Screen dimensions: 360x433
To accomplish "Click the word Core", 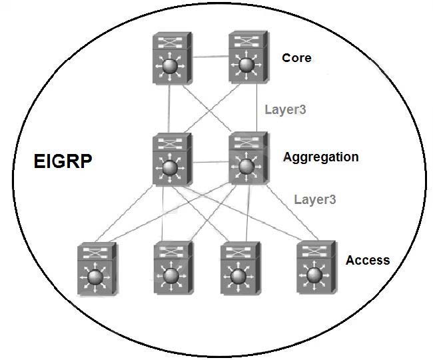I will (296, 57).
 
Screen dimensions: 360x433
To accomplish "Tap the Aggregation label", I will (320, 157).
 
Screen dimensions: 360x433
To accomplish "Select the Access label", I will (367, 260).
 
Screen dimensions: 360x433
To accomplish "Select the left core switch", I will (171, 58).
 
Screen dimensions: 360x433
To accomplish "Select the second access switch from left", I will (173, 269).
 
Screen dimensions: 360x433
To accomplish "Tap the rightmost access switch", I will (315, 269).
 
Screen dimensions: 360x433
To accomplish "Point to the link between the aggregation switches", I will (210, 161).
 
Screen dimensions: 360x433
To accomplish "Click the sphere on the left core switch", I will (171, 67).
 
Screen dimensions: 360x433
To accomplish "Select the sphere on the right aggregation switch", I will (248, 166).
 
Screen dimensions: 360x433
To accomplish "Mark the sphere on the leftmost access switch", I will (97, 275).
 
